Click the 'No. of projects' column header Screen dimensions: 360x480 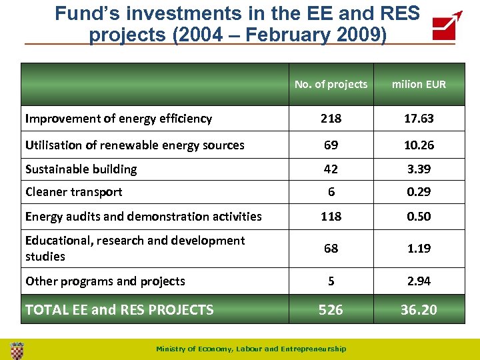point(331,84)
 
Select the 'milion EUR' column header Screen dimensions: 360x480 point(419,84)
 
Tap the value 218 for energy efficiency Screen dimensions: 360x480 point(331,119)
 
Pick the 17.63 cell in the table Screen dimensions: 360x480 point(419,119)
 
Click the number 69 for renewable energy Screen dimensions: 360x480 point(331,145)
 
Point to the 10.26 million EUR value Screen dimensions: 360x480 point(419,145)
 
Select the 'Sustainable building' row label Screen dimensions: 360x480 point(81,169)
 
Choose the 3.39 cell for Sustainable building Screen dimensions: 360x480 point(419,169)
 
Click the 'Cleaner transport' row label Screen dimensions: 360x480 point(74,192)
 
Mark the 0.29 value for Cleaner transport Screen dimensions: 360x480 point(419,192)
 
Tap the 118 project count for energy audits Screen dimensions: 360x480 point(331,216)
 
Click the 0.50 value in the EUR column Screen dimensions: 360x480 point(419,216)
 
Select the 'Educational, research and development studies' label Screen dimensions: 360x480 point(135,248)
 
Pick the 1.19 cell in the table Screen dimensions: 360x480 point(419,248)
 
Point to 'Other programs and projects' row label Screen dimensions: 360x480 point(105,281)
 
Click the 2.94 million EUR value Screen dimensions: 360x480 point(419,281)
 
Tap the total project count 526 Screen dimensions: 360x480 point(331,309)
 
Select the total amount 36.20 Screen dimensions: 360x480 point(419,309)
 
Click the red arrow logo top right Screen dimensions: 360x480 point(447,25)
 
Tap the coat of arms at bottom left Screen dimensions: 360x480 point(17,349)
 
